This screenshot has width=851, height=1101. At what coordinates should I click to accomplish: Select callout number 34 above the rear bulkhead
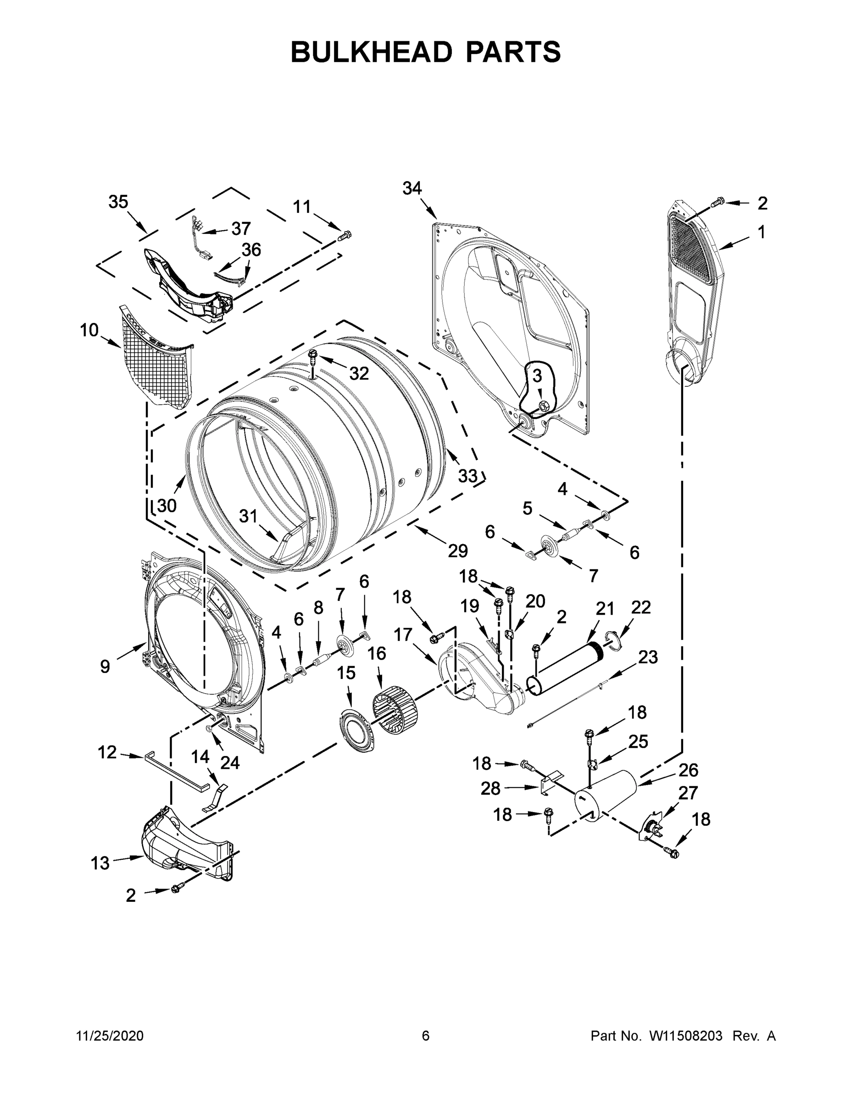click(412, 189)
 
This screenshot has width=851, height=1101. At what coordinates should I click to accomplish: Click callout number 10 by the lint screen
click(89, 331)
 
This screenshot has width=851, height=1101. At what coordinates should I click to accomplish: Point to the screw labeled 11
click(345, 234)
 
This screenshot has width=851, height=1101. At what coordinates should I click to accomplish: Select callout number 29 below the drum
click(458, 551)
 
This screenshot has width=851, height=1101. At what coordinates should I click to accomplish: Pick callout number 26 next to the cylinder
click(688, 770)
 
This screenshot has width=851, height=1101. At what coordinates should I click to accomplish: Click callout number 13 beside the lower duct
click(100, 863)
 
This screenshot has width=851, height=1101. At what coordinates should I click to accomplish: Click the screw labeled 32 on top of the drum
click(312, 356)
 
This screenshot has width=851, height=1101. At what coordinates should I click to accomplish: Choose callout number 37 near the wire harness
click(241, 228)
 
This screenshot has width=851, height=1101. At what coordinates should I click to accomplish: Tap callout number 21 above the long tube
click(605, 609)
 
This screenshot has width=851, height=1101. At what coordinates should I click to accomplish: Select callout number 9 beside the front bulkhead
click(105, 667)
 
